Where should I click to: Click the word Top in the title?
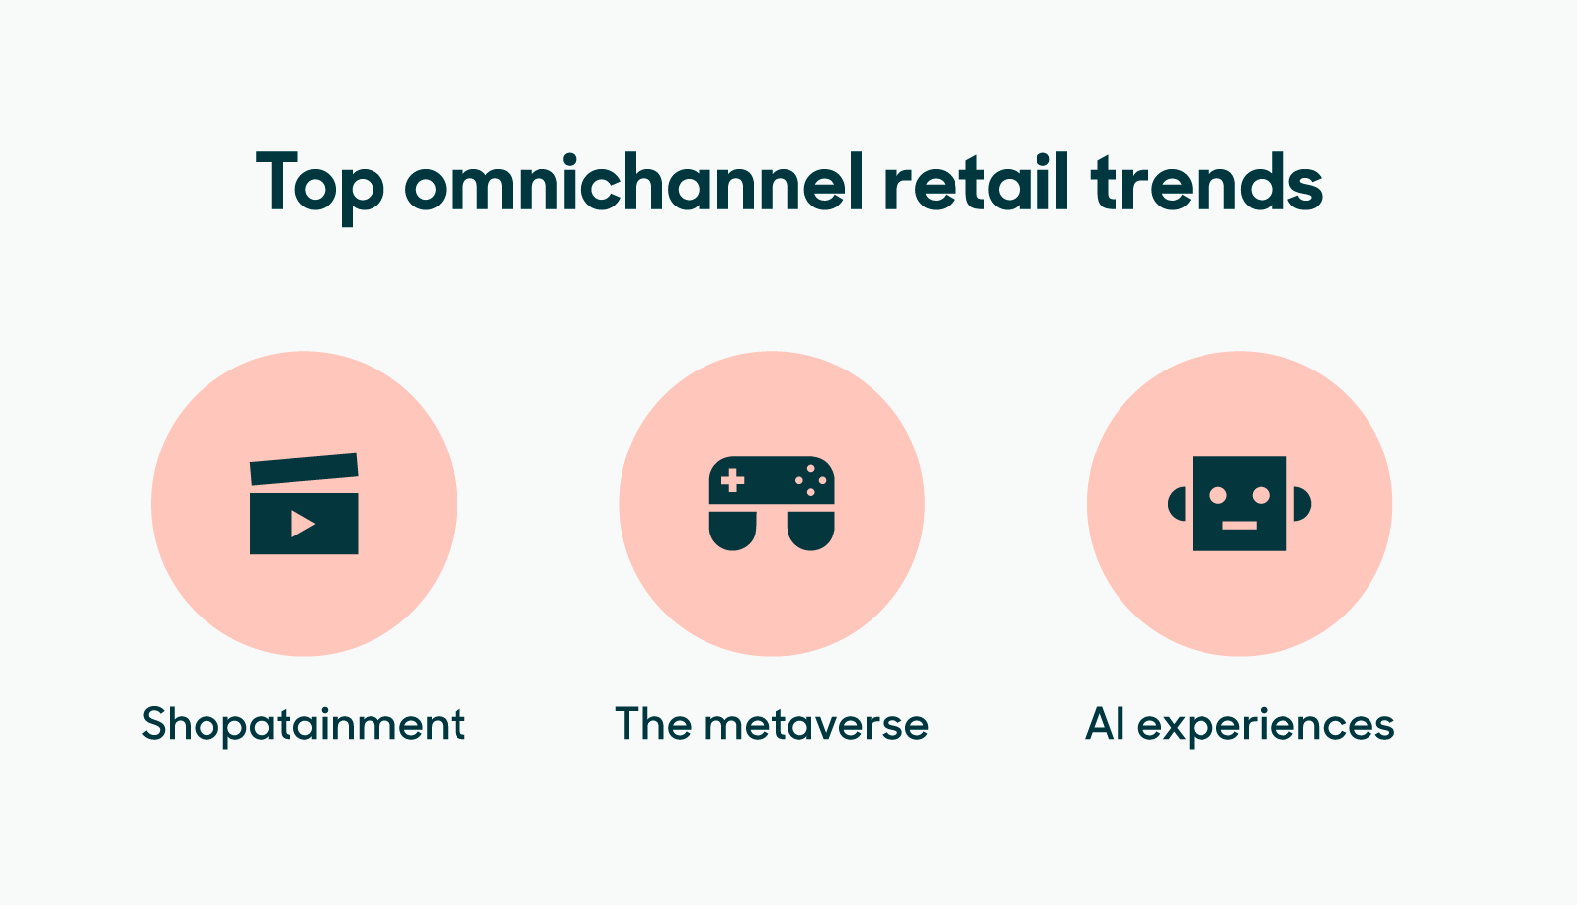pyautogui.click(x=318, y=184)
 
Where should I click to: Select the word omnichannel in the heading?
pyautogui.click(x=633, y=184)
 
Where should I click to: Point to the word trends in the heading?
pyautogui.click(x=1206, y=184)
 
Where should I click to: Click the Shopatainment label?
pyautogui.click(x=303, y=725)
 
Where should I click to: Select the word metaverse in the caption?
pyautogui.click(x=816, y=725)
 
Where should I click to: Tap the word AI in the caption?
pyautogui.click(x=1105, y=724)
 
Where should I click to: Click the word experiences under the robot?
pyautogui.click(x=1266, y=725)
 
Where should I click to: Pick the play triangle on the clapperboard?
pyautogui.click(x=302, y=524)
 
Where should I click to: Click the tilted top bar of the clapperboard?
pyautogui.click(x=303, y=468)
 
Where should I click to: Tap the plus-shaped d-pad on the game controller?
pyautogui.click(x=732, y=481)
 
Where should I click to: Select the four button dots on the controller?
pyautogui.click(x=811, y=480)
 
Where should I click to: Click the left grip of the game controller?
pyautogui.click(x=732, y=531)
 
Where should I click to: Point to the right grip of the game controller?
pyautogui.click(x=811, y=531)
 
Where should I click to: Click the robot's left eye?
pyautogui.click(x=1218, y=494)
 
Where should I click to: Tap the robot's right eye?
pyautogui.click(x=1261, y=494)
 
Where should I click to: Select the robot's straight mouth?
pyautogui.click(x=1239, y=525)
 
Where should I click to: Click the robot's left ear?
pyautogui.click(x=1177, y=504)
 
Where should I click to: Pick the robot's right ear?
pyautogui.click(x=1301, y=504)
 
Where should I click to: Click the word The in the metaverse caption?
pyautogui.click(x=653, y=724)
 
